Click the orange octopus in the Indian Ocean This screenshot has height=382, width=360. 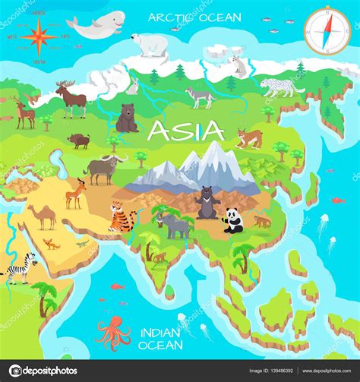112,332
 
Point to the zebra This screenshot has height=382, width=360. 21,268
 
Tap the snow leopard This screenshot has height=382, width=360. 282,86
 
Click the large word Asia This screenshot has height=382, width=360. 186,131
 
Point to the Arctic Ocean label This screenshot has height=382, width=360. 195,17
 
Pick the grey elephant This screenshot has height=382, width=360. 175,226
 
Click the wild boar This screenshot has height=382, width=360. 79,140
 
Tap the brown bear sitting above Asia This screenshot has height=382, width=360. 127,118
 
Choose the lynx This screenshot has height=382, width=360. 249,137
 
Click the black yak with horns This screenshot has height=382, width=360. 103,169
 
